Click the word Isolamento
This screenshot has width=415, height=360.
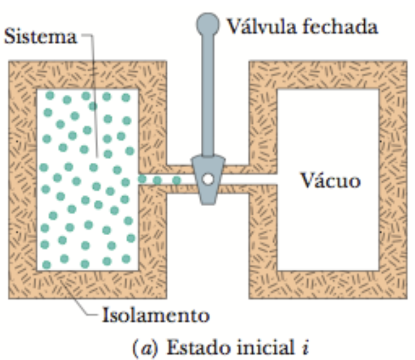(x=156, y=316)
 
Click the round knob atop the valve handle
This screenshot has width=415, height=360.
(x=207, y=23)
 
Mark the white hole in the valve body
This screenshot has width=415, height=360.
(x=207, y=179)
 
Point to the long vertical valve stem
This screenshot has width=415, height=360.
(x=207, y=95)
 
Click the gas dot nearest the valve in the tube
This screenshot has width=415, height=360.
(x=176, y=180)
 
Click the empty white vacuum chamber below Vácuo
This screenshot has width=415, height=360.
(x=328, y=234)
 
